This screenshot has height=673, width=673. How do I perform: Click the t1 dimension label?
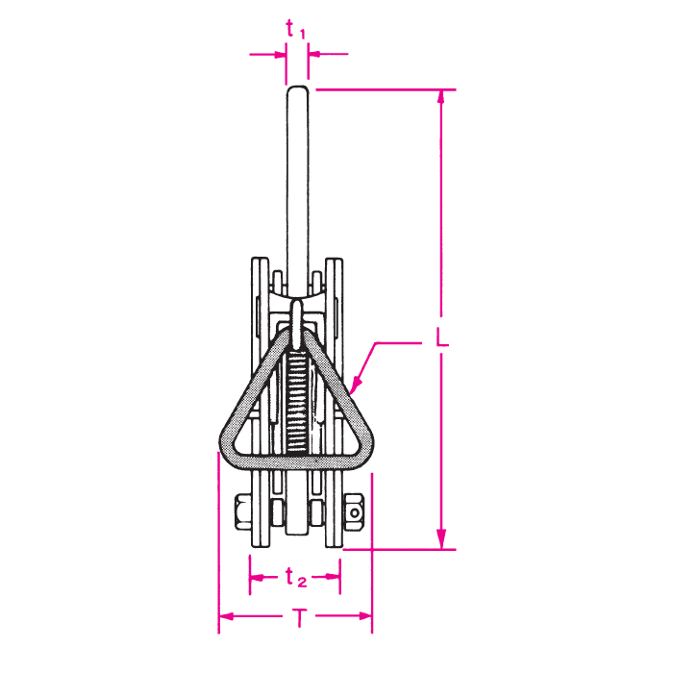point(296,30)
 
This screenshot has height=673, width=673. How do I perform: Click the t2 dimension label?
point(296,577)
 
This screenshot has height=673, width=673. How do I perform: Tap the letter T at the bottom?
point(300,617)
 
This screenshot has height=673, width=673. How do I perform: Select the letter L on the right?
point(441,336)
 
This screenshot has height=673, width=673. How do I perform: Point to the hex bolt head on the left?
point(243,512)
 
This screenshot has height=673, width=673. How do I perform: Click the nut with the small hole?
point(353,512)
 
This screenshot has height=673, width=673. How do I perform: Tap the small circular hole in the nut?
point(355,512)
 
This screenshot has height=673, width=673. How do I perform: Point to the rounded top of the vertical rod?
point(297,91)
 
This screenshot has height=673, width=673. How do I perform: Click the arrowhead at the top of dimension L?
point(440,97)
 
